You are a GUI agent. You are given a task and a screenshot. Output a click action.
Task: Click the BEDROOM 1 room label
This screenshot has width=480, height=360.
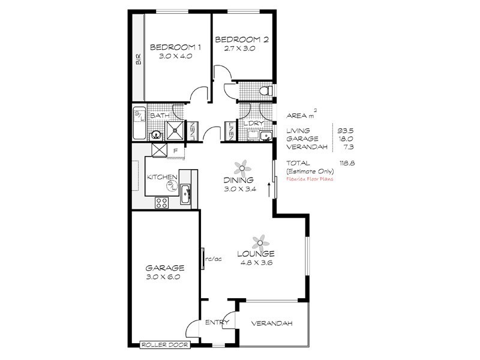tap(175, 47)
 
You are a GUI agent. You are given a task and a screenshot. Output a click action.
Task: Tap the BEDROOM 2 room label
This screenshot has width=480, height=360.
tap(242, 40)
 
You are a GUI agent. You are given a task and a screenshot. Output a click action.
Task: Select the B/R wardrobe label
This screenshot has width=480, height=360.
tap(138, 59)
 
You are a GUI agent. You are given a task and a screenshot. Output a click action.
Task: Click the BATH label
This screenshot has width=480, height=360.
tap(159, 115)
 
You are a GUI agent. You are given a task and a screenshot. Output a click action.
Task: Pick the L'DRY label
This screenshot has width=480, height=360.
tap(251, 124)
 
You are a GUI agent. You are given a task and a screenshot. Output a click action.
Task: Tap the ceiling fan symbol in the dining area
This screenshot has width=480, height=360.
tap(241, 166)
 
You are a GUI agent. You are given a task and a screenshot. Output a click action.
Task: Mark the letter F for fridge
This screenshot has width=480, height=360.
tap(175, 151)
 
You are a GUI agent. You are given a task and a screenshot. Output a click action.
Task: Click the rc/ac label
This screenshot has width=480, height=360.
tap(214, 259)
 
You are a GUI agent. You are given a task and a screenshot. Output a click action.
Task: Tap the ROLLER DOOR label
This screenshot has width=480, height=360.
tap(164, 345)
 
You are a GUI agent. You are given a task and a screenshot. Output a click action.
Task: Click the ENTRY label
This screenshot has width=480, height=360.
tap(214, 323)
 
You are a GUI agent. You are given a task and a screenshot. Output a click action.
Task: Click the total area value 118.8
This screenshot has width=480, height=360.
tap(346, 163)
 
